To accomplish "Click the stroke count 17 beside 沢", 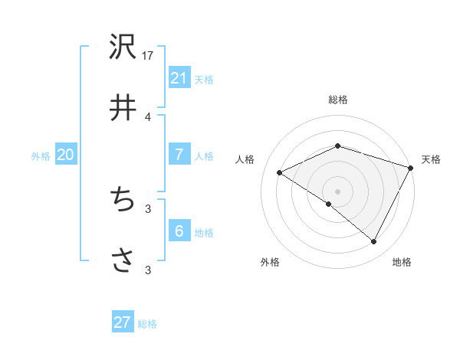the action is (x=148, y=56).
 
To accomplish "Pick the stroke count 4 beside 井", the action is (x=148, y=116).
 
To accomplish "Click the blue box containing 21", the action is (x=179, y=77).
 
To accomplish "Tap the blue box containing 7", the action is (x=179, y=154).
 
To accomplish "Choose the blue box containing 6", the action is (x=179, y=231).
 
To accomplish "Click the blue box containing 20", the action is (x=65, y=155).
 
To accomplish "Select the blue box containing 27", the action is (x=122, y=322).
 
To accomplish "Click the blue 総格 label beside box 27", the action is (x=147, y=324).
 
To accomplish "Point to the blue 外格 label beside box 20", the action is (x=41, y=156).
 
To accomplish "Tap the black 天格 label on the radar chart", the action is (x=431, y=159).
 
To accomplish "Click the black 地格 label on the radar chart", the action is (x=402, y=262).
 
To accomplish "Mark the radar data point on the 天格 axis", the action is (x=411, y=167).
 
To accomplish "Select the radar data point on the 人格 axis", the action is (x=280, y=173).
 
